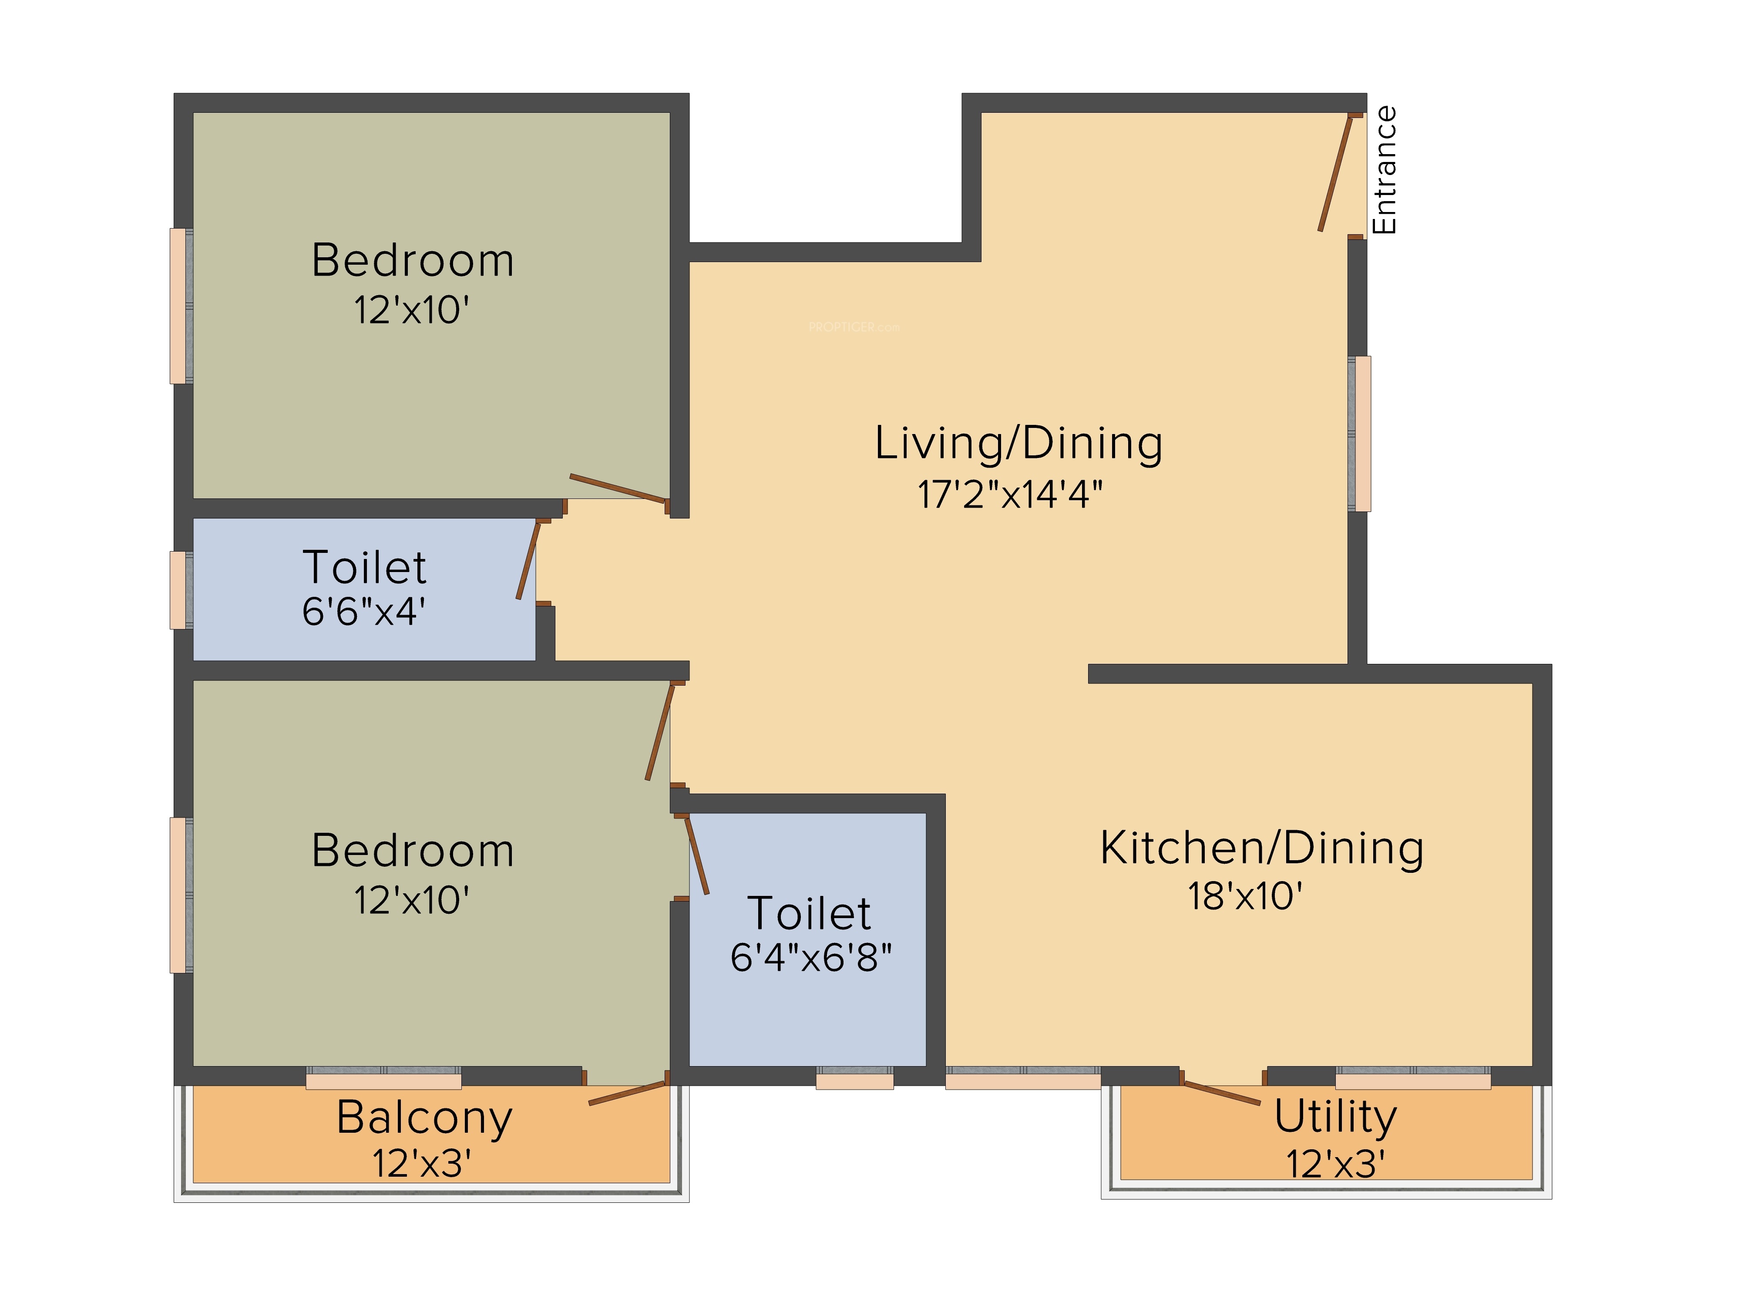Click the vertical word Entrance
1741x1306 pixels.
tap(1384, 170)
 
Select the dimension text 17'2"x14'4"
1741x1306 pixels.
tap(1010, 495)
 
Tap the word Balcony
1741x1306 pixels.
tap(424, 1118)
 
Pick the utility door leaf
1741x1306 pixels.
tap(1222, 1093)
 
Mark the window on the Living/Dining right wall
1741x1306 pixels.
tap(1359, 434)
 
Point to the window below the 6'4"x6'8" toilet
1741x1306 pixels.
tap(855, 1078)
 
